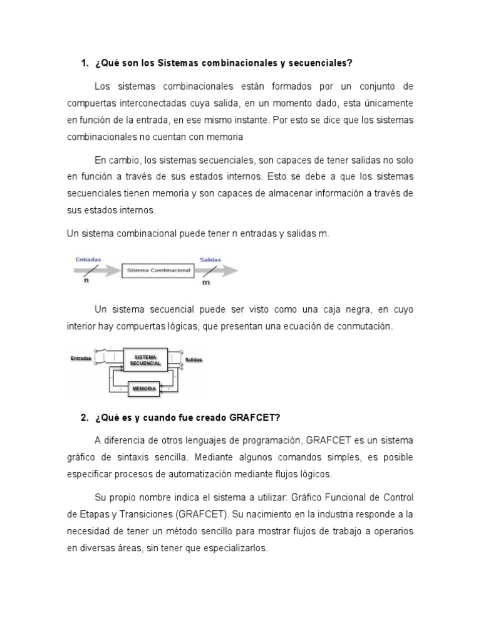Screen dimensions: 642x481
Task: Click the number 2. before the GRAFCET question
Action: click(x=85, y=418)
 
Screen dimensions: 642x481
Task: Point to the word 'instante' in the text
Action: click(x=255, y=119)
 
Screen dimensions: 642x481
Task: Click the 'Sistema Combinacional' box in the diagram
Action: click(x=158, y=270)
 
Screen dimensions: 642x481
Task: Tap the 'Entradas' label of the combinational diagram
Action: click(x=88, y=258)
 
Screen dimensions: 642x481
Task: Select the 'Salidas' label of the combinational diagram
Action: click(x=210, y=258)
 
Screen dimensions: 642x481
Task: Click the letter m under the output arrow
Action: click(x=206, y=282)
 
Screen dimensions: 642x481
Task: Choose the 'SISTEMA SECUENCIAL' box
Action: click(x=145, y=359)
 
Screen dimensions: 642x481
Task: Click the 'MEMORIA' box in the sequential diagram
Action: click(x=143, y=389)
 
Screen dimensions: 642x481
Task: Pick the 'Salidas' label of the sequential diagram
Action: click(x=194, y=360)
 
